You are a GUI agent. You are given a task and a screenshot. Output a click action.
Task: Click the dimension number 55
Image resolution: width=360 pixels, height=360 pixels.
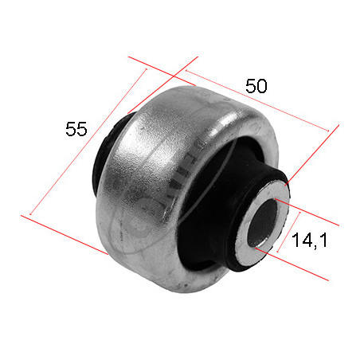pos(76,129)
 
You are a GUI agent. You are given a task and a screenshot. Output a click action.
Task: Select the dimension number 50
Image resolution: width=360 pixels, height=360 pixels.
pos(256,86)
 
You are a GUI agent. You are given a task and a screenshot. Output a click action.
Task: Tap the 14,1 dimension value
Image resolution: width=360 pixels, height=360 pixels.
pos(310,240)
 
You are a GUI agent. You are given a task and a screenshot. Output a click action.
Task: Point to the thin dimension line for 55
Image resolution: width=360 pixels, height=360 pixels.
pos(88,142)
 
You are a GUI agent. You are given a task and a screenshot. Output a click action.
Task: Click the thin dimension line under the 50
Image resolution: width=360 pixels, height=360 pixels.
pos(257,100)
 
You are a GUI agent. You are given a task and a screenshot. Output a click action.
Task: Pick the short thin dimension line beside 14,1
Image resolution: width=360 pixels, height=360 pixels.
pos(288,232)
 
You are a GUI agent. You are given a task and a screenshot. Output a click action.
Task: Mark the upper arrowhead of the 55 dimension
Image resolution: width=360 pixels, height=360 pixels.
pos(146,69)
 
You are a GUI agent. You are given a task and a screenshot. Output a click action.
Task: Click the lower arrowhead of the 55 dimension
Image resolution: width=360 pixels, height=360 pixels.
pos(31,213)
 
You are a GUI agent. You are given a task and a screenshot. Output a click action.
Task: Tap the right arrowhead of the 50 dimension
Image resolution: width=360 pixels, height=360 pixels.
pos(327,131)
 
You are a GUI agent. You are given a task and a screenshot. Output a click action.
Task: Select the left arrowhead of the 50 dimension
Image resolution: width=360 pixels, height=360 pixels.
pos(186,71)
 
